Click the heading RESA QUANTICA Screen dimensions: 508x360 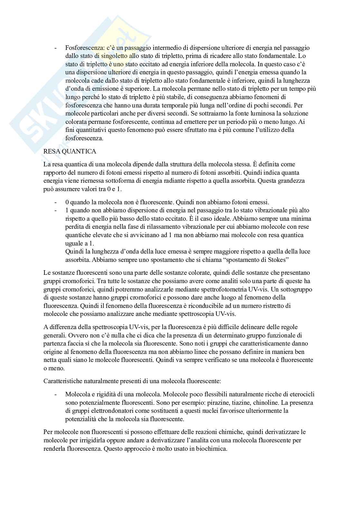70,151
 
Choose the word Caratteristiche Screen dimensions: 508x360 63,381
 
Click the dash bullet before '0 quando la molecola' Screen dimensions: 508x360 56,202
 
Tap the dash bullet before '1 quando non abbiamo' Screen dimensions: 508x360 56,210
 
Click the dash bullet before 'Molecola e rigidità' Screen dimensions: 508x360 56,394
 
